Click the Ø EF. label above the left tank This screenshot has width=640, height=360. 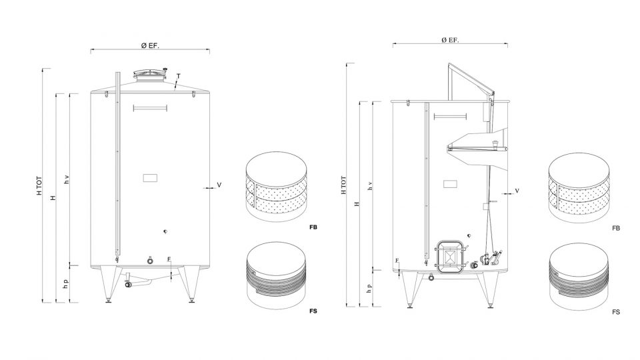(x=150, y=46)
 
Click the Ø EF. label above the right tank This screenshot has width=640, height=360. (x=450, y=40)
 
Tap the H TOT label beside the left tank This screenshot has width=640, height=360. (x=39, y=185)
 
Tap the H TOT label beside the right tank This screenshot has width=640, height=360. (x=343, y=185)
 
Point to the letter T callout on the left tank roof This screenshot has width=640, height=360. (x=179, y=76)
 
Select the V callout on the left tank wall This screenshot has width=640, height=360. (x=219, y=185)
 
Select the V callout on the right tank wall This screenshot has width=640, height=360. (x=517, y=191)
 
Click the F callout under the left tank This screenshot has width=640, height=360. (x=169, y=259)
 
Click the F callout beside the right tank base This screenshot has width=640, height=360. (x=397, y=261)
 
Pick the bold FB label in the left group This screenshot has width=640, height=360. (x=313, y=227)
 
